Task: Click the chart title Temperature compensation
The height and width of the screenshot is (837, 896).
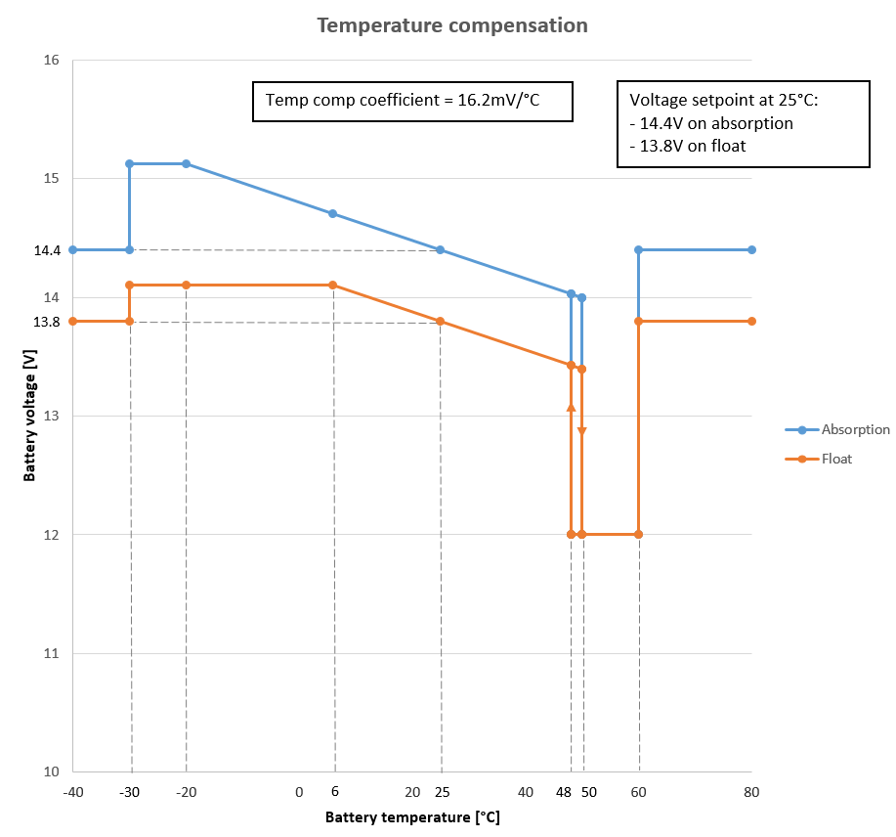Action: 451,25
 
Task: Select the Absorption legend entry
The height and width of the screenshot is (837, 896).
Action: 855,429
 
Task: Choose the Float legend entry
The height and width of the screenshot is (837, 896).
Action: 836,458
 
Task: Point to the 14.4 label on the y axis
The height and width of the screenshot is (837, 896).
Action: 47,250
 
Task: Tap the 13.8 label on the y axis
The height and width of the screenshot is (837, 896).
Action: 47,322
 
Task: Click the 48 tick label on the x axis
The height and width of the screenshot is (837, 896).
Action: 565,792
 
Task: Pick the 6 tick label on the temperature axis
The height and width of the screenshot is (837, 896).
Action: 334,792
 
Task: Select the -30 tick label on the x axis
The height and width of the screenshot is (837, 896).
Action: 129,792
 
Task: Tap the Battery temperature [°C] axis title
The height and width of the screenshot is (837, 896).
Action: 411,816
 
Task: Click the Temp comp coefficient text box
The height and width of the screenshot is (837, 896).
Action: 411,101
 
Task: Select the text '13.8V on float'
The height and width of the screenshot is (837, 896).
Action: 690,147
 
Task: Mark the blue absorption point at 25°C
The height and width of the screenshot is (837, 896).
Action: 440,250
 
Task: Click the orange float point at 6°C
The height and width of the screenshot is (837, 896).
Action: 332,285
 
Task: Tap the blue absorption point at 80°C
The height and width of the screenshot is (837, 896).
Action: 751,249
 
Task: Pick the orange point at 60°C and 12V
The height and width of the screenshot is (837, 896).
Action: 638,534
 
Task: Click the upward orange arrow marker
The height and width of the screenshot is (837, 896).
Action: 571,406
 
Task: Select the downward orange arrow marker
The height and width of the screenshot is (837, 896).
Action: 581,431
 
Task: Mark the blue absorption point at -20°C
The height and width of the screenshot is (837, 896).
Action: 186,163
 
